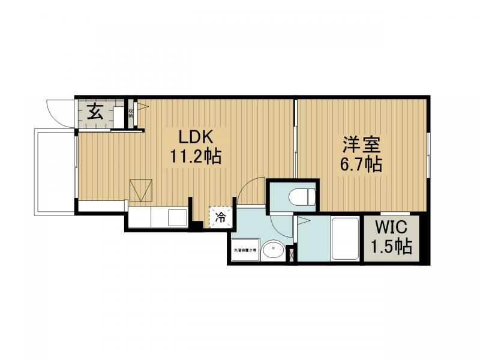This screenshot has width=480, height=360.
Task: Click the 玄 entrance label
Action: click(94, 112)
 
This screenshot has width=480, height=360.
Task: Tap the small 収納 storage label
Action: click(130, 112)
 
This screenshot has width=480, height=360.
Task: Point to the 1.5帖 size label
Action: click(391, 246)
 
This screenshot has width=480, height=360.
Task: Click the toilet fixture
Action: click(301, 196)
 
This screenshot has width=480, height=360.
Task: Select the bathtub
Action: click(344, 239)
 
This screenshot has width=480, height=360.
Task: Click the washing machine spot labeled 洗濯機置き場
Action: click(245, 250)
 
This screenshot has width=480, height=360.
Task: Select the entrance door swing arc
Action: click(56, 113)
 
